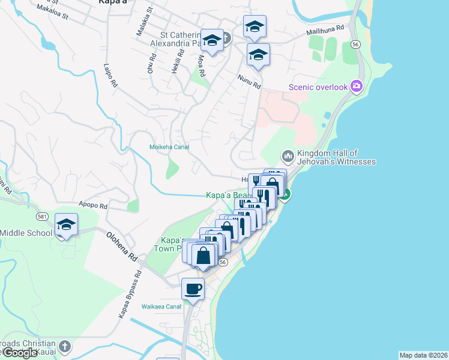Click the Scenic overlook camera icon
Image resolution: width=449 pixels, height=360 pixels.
pyautogui.click(x=357, y=86)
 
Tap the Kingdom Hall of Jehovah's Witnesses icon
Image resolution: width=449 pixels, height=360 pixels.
pyautogui.click(x=288, y=156)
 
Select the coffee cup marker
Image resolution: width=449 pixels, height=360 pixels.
pyautogui.click(x=193, y=289)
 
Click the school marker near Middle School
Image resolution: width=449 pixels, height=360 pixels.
pyautogui.click(x=66, y=224)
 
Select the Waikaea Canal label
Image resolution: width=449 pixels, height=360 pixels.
pyautogui.click(x=161, y=307)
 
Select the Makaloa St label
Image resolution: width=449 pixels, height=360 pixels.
pyautogui.click(x=52, y=11)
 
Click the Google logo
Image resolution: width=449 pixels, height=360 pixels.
pyautogui.click(x=20, y=353)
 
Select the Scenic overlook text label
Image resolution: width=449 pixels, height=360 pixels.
pyautogui.click(x=318, y=87)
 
